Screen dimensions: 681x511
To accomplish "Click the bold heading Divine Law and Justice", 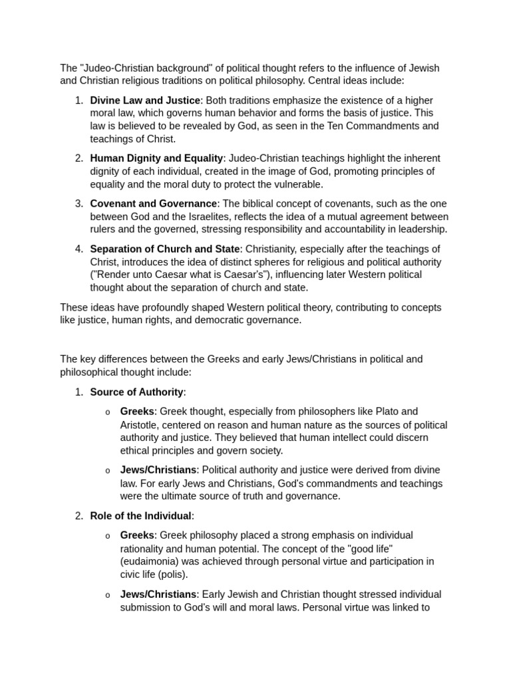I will point(145,100).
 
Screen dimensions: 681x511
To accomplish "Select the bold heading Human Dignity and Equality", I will point(156,158).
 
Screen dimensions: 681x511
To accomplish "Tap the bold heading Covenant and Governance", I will point(153,204).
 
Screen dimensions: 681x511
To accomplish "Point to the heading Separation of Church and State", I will point(165,249).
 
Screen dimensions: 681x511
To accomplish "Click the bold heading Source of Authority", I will point(137,392).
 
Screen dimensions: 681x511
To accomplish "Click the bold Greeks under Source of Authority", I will point(137,412).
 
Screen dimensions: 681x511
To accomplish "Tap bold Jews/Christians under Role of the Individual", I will point(158,594).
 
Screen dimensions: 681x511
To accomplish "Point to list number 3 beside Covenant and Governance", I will point(79,204).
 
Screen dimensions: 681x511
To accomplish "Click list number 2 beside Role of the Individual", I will point(79,515).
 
